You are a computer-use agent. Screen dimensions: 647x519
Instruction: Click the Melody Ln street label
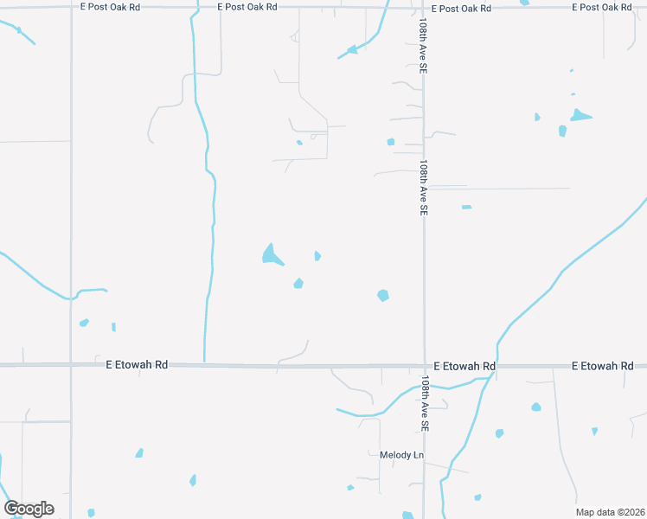pyautogui.click(x=402, y=455)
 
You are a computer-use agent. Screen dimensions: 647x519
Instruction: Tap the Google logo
pyautogui.click(x=29, y=509)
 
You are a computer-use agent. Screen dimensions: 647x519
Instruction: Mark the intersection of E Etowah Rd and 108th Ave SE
pyautogui.click(x=424, y=366)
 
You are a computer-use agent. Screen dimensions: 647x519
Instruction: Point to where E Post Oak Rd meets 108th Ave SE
pyautogui.click(x=424, y=8)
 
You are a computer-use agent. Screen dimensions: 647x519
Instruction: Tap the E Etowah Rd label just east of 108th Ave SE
pyautogui.click(x=464, y=366)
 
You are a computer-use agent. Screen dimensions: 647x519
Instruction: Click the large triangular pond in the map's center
pyautogui.click(x=272, y=254)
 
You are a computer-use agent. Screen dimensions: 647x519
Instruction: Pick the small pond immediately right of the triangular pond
pyautogui.click(x=317, y=255)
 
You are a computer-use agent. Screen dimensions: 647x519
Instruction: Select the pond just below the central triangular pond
pyautogui.click(x=298, y=283)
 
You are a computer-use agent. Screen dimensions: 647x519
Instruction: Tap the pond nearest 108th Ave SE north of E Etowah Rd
pyautogui.click(x=383, y=295)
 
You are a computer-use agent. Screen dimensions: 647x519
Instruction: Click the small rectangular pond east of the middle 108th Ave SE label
pyautogui.click(x=466, y=207)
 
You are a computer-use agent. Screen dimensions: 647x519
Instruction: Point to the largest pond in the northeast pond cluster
pyautogui.click(x=580, y=114)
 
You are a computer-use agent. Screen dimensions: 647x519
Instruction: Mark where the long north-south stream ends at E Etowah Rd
pyautogui.click(x=204, y=361)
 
